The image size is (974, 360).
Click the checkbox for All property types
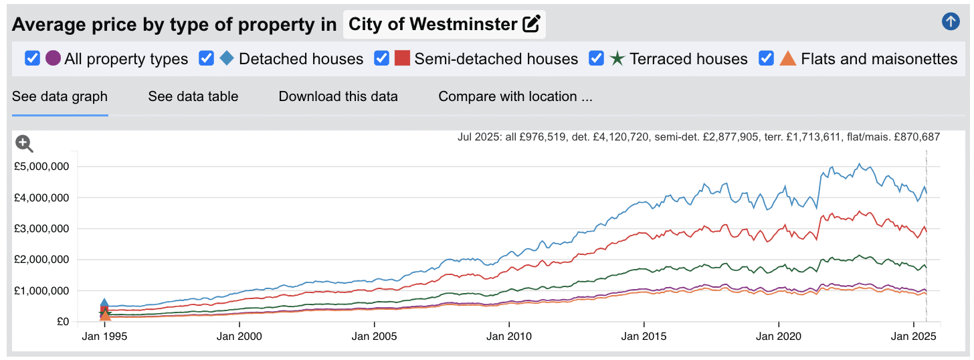(32, 59)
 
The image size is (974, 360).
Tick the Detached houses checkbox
(207, 59)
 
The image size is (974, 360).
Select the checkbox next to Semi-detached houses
(382, 59)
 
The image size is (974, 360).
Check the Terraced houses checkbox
(597, 59)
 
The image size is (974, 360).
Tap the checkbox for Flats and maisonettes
(767, 59)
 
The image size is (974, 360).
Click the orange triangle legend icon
(788, 59)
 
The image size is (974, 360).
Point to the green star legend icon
(617, 59)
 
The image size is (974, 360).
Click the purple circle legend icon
(54, 59)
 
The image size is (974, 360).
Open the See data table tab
(193, 96)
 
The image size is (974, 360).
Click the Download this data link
(338, 96)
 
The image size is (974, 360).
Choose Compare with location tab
(515, 96)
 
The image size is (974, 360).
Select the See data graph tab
(60, 96)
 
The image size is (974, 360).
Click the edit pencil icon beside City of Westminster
(531, 25)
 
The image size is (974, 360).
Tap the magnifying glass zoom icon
(25, 143)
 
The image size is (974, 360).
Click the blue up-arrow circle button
(950, 21)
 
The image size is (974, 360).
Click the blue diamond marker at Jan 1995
(104, 304)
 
